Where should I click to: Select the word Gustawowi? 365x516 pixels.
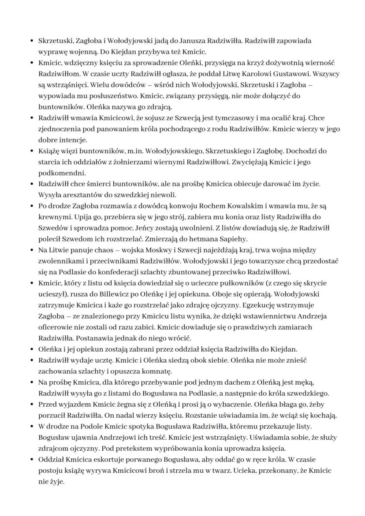pos(276,74)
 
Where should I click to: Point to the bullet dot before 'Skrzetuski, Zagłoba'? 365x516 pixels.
pos(32,41)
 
